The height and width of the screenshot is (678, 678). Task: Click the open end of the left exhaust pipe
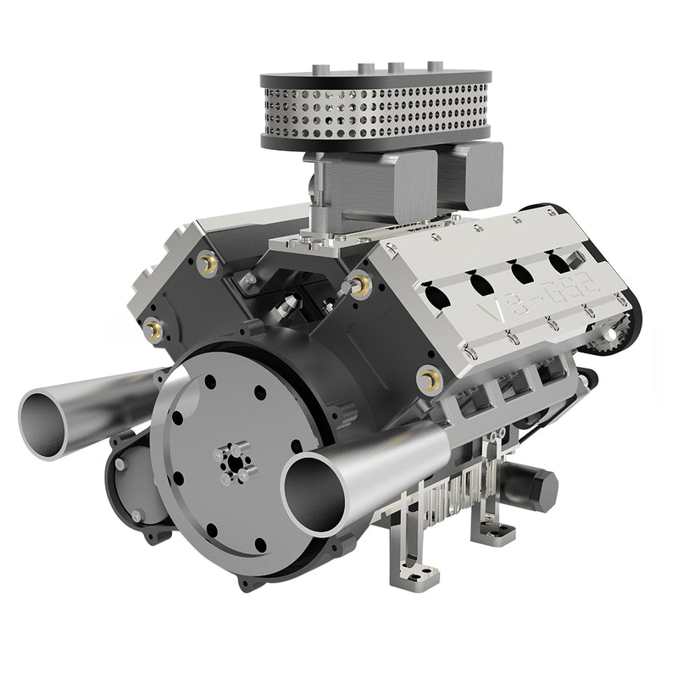coord(47,418)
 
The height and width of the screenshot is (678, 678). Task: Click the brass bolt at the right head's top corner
coord(361,286)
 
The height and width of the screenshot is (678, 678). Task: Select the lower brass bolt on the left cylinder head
coord(153,325)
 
